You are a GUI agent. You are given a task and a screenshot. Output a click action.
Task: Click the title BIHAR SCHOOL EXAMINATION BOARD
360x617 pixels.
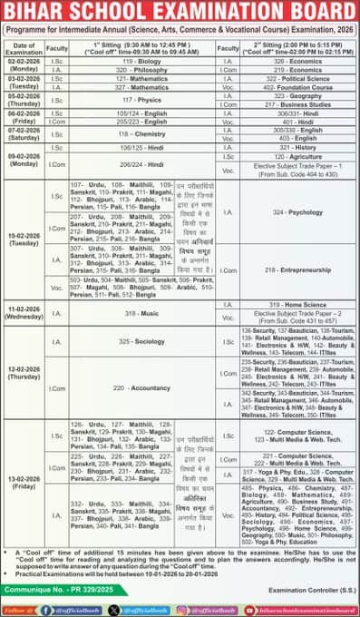[x=180, y=11]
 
